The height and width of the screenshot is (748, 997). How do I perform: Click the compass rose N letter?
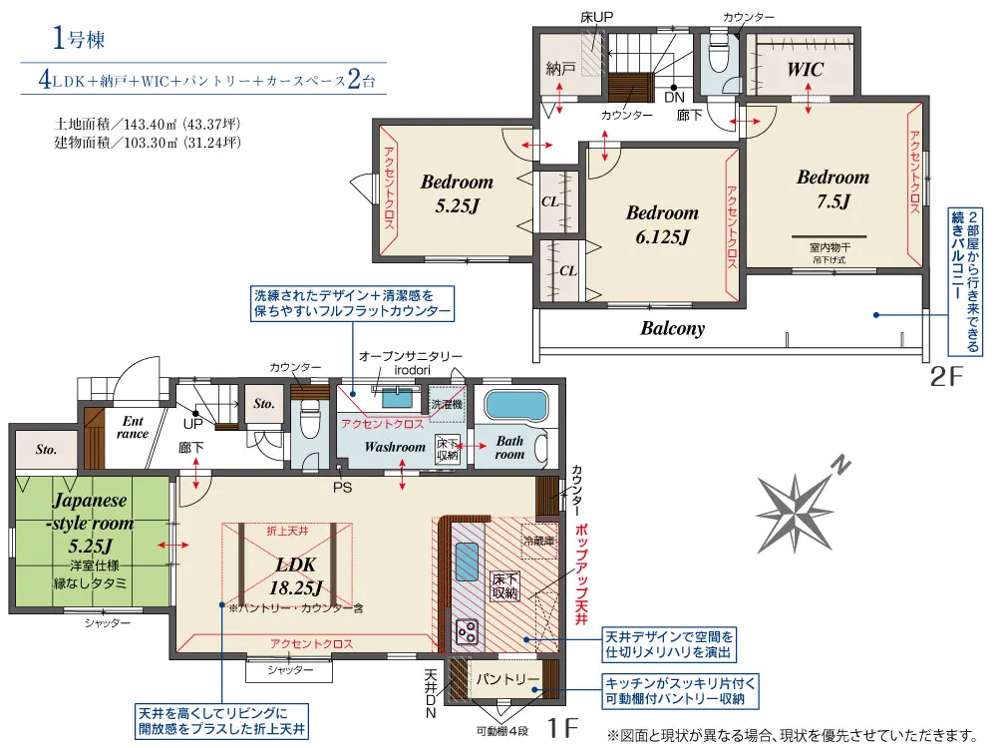point(841,465)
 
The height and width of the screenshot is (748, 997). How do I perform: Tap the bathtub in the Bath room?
point(515,406)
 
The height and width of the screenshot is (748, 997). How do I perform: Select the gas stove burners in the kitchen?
point(468,632)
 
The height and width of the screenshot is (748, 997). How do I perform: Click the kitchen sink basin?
point(466,561)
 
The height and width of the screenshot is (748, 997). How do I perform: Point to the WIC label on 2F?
point(805,69)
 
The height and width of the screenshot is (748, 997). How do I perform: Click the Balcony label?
point(673,328)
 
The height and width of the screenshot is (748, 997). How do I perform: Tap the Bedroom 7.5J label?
point(832,188)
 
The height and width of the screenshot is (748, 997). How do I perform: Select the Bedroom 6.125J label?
point(662,224)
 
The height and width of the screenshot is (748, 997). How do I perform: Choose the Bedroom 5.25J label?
point(457,193)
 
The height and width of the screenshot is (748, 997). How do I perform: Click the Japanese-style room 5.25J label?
point(91,523)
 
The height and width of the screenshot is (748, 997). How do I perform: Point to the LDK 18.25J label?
point(296,576)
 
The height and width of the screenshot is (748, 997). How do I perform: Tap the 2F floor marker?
point(946,377)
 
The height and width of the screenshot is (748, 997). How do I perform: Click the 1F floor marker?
point(562,726)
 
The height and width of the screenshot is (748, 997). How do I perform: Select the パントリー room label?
point(508,679)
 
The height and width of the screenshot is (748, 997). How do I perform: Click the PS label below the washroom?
point(342,488)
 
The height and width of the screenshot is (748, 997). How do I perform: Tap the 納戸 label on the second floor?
point(560,69)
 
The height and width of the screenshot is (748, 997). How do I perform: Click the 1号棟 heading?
point(78,39)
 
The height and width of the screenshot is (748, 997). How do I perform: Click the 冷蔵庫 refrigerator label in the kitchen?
point(538,542)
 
